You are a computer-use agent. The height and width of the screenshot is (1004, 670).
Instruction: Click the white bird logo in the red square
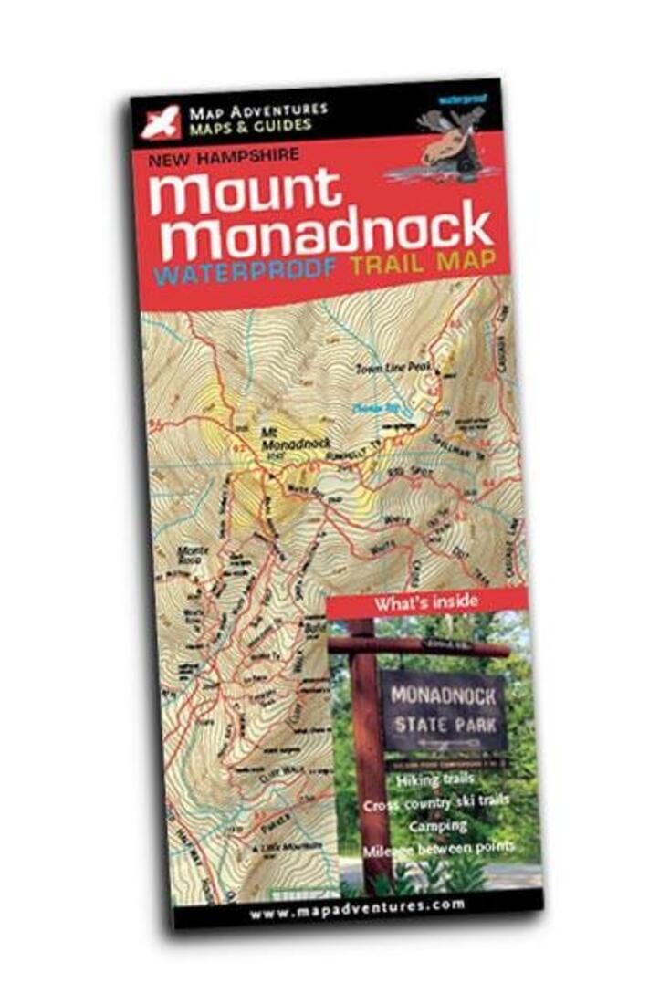pyautogui.click(x=160, y=122)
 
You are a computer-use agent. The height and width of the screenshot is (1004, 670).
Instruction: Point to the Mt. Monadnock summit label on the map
pyautogui.click(x=286, y=440)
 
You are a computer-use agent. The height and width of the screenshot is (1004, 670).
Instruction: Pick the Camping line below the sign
pyautogui.click(x=438, y=826)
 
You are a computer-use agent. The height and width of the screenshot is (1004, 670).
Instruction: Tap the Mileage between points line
pyautogui.click(x=438, y=849)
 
